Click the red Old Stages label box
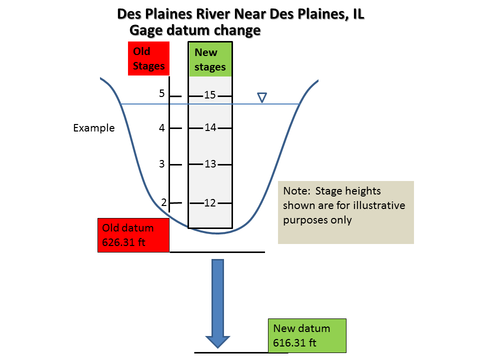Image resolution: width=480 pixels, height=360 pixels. pyautogui.click(x=148, y=58)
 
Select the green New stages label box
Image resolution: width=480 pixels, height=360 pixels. pyautogui.click(x=210, y=59)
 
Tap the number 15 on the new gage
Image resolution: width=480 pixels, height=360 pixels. pyautogui.click(x=210, y=95)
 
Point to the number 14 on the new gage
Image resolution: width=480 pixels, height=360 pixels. pyautogui.click(x=210, y=127)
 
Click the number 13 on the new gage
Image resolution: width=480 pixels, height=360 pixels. pyautogui.click(x=210, y=164)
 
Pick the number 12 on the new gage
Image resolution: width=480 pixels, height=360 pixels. pyautogui.click(x=210, y=202)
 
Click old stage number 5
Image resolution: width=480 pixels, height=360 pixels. pyautogui.click(x=161, y=93)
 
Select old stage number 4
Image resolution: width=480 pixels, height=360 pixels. pyautogui.click(x=161, y=128)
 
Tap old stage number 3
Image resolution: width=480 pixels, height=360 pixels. pyautogui.click(x=161, y=164)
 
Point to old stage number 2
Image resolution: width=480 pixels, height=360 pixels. pyautogui.click(x=163, y=202)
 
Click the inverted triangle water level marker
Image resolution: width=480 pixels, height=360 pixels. pyautogui.click(x=261, y=97)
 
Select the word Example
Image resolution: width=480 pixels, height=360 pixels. pyautogui.click(x=94, y=128)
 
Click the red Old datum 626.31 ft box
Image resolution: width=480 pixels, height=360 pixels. pyautogui.click(x=133, y=235)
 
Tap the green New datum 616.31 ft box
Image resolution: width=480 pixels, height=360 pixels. pyautogui.click(x=307, y=335)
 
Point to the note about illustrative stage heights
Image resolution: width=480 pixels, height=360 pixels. pyautogui.click(x=345, y=212)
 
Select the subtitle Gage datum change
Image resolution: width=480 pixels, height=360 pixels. pyautogui.click(x=195, y=30)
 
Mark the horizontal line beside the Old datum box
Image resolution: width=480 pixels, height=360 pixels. pyautogui.click(x=217, y=252)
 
